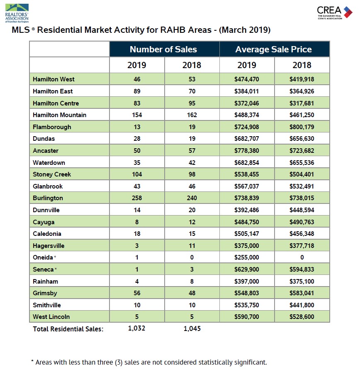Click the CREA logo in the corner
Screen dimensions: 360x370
coord(335,13)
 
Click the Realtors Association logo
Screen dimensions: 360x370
coord(17,13)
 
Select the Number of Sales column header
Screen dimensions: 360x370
coord(163,49)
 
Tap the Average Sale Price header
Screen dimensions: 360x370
coord(274,49)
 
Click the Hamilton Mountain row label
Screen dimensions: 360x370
coord(60,115)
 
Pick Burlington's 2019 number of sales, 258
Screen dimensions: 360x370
coord(137,198)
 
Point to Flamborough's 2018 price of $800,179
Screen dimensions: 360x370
coord(302,127)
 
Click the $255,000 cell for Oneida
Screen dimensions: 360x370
coord(247,257)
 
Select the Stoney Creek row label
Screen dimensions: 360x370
coord(52,174)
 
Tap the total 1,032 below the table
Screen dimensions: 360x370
coord(136,328)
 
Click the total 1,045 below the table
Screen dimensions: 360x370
coord(192,328)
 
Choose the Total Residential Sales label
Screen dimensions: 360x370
coord(68,329)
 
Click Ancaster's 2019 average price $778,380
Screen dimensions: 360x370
coord(247,151)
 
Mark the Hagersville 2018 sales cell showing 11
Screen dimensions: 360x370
coord(192,246)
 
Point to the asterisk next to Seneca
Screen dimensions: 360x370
coord(56,269)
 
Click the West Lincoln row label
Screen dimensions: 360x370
coord(51,317)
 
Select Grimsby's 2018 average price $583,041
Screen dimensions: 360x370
coord(302,293)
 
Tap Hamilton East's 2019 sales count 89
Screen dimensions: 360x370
coord(137,91)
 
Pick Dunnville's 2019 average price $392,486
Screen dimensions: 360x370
coord(247,210)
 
